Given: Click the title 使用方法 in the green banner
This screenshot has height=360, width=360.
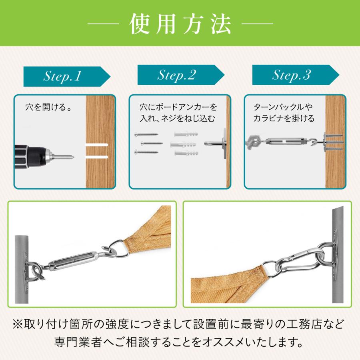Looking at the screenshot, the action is (180, 24).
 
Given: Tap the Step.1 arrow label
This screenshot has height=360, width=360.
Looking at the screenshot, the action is (67, 76).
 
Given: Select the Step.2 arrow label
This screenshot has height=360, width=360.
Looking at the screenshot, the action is (181, 75).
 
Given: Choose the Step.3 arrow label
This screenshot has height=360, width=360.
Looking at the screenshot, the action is (296, 75).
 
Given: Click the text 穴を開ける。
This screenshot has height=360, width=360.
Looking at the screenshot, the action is (49, 107).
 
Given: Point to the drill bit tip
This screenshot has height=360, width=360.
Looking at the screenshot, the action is (73, 157).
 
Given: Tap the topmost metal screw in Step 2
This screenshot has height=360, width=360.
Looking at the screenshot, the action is (146, 134).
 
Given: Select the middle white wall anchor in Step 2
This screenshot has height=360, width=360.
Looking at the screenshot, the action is (183, 144).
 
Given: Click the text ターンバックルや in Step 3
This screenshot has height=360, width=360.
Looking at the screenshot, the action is (283, 107).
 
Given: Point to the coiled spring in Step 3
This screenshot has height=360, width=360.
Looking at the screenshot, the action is (254, 142).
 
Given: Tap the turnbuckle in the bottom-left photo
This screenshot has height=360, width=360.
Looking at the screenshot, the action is (74, 260).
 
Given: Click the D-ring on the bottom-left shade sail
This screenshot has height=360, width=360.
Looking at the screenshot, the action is (119, 248).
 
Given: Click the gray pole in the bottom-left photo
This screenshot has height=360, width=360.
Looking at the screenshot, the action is (22, 269).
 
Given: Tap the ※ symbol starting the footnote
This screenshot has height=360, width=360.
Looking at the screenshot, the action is (18, 324).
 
